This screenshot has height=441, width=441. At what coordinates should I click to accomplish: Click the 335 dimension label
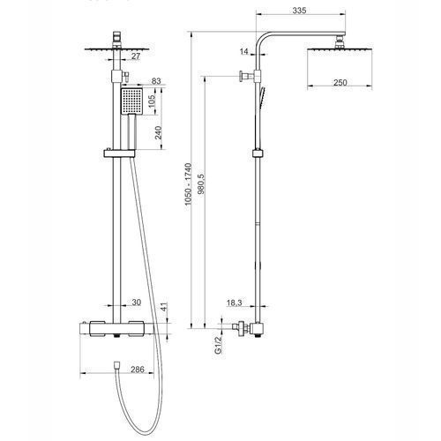pos(299,11)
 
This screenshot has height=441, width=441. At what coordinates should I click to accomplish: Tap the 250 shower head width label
pos(340,83)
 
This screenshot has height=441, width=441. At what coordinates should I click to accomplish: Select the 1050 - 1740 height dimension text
pos(188,184)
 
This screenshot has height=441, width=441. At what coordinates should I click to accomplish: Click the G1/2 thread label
pos(218,345)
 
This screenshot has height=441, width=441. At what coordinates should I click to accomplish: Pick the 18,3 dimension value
pos(235,303)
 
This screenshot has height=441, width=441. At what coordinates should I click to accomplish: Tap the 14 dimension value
pos(244,52)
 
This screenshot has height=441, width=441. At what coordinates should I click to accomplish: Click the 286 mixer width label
pos(138,370)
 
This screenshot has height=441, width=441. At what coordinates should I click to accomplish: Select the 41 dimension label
pos(163,307)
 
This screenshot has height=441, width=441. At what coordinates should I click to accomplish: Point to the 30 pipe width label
pos(136,303)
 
